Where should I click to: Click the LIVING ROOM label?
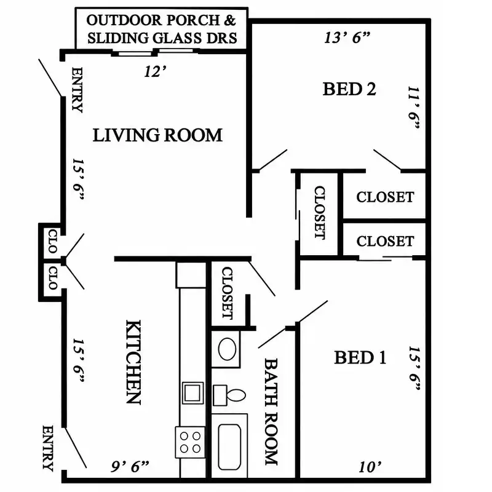pyautogui.click(x=157, y=135)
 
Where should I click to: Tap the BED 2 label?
pyautogui.click(x=349, y=89)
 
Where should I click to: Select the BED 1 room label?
pyautogui.click(x=360, y=357)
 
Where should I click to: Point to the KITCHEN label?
pyautogui.click(x=133, y=362)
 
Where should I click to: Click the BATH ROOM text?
pyautogui.click(x=271, y=411)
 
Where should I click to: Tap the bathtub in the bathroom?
pyautogui.click(x=229, y=446)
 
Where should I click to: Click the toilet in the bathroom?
pyautogui.click(x=229, y=395)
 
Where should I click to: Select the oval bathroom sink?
pyautogui.click(x=227, y=349)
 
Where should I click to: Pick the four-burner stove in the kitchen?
pyautogui.click(x=190, y=442)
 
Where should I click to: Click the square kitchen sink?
pyautogui.click(x=192, y=393)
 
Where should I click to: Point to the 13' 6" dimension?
pyautogui.click(x=347, y=38)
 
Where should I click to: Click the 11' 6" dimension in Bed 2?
pyautogui.click(x=414, y=108)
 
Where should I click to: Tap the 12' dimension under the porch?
pyautogui.click(x=155, y=72)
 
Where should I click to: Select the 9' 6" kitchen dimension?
pyautogui.click(x=130, y=467)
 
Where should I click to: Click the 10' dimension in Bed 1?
pyautogui.click(x=370, y=467)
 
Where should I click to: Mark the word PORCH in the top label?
pyautogui.click(x=193, y=20)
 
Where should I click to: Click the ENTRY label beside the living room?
pyautogui.click(x=77, y=90)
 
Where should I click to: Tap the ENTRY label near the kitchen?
pyautogui.click(x=48, y=448)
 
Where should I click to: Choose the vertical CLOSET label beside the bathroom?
pyautogui.click(x=227, y=293)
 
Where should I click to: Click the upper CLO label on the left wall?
pyautogui.click(x=53, y=241)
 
